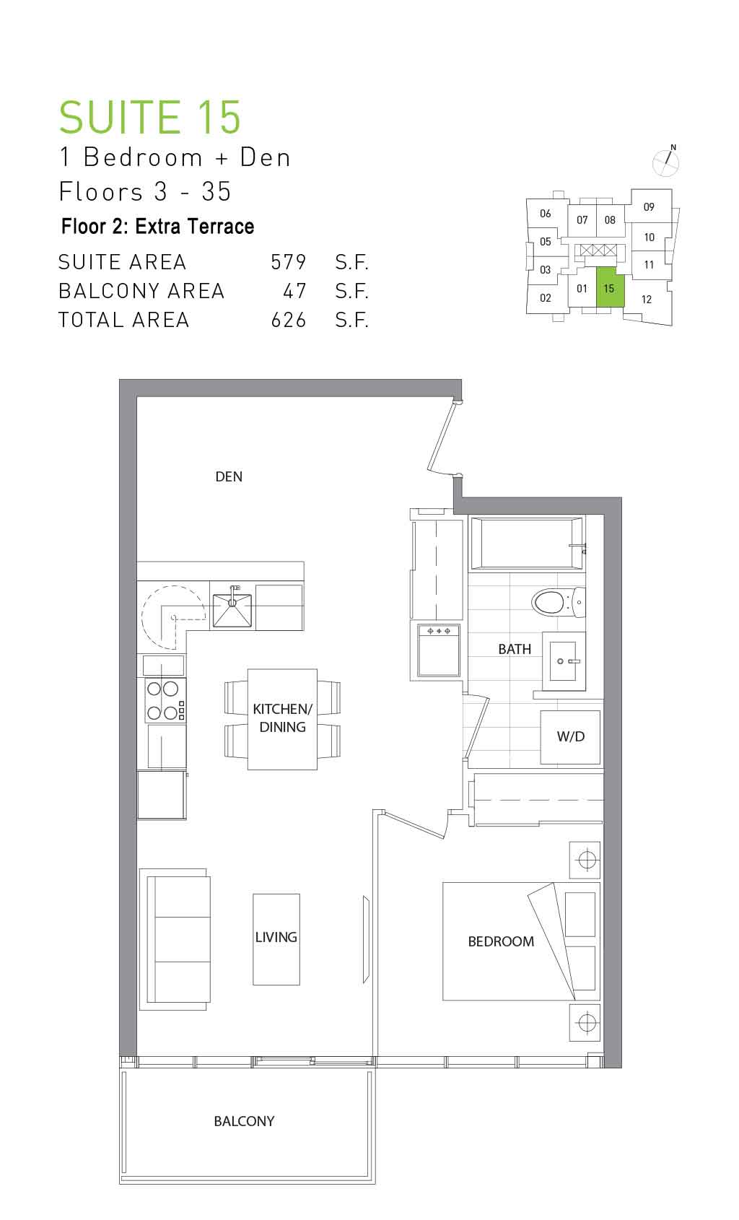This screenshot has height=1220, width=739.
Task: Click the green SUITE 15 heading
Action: tap(150, 116)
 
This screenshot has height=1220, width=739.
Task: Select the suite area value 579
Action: tap(289, 262)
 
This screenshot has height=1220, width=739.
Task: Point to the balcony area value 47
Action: tap(294, 291)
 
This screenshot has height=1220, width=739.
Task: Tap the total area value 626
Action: tap(289, 320)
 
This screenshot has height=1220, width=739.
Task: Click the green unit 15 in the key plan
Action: tap(610, 287)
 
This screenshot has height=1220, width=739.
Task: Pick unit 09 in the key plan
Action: tap(649, 207)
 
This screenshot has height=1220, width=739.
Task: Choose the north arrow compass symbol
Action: tap(666, 161)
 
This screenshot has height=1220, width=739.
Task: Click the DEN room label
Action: tap(229, 476)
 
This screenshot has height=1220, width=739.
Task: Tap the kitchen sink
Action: tap(232, 610)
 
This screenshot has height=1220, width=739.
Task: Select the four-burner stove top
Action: tap(165, 700)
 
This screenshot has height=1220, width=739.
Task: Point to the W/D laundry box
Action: tap(570, 737)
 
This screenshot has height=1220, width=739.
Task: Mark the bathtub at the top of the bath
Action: tap(527, 543)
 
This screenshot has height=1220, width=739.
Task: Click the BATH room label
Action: tap(515, 649)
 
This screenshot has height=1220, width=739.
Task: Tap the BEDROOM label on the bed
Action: tap(501, 941)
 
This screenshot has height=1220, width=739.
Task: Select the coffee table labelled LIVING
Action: tap(276, 939)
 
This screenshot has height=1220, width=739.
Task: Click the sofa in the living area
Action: tap(175, 939)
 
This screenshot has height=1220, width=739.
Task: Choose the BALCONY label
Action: tap(244, 1121)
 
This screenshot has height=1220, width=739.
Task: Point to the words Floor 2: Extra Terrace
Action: tap(157, 226)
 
